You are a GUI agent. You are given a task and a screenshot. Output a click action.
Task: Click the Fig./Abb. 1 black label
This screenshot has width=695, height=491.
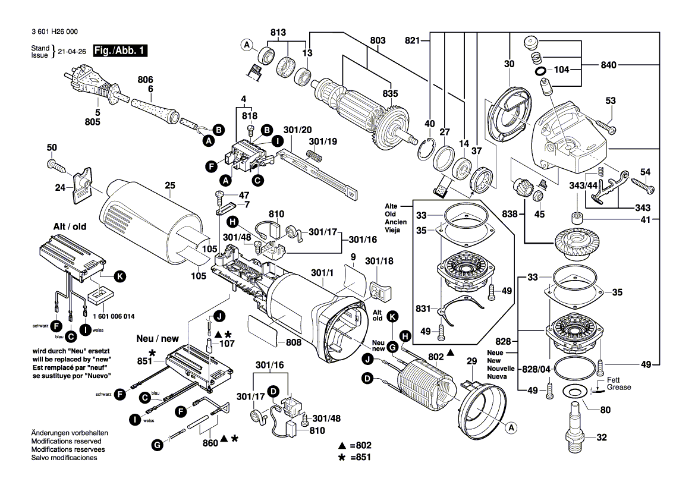click(119, 52)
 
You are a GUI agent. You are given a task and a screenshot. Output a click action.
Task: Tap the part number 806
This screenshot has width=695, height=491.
click(146, 79)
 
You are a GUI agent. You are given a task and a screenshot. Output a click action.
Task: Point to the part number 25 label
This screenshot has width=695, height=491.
click(170, 186)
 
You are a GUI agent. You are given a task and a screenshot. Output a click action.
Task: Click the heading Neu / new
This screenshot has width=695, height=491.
click(158, 338)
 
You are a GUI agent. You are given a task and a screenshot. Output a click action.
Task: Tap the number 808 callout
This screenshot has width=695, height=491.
click(293, 342)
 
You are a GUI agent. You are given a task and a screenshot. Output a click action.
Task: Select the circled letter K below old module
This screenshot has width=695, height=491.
click(119, 276)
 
